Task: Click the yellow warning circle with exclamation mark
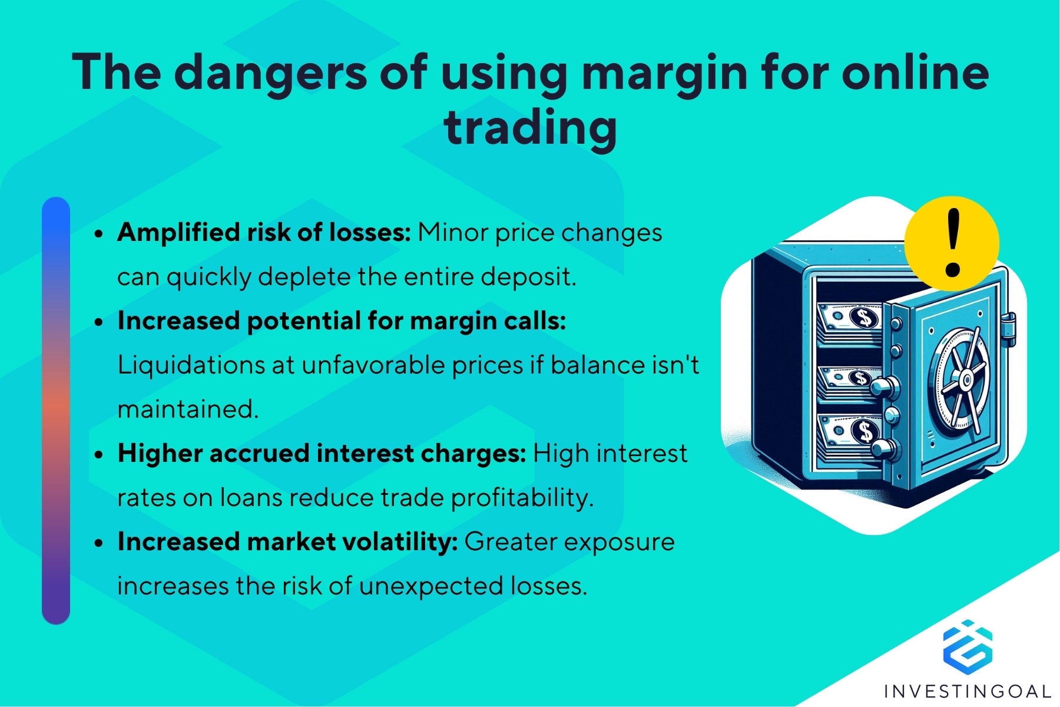(951, 243)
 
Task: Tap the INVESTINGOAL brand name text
(968, 691)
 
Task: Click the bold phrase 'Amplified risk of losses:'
(264, 233)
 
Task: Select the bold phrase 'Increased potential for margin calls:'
(342, 322)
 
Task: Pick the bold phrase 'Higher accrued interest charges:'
(322, 454)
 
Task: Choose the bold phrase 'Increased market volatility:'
(287, 542)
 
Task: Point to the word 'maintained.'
(188, 409)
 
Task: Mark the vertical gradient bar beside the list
(56, 411)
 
